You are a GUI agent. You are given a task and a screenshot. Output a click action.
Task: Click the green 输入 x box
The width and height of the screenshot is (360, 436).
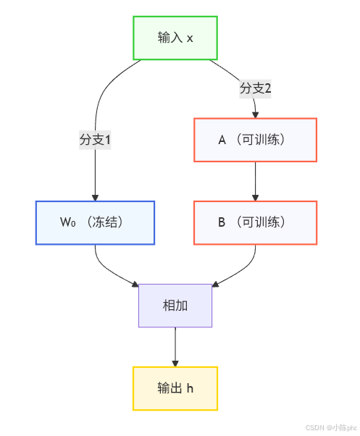pos(175,38)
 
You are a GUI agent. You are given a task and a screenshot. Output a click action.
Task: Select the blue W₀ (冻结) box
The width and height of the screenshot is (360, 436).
pos(95,222)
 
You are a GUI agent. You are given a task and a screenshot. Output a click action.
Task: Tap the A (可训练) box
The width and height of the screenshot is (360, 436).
pos(255,140)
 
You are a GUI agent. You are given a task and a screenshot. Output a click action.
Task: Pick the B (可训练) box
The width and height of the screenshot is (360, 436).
pos(255,222)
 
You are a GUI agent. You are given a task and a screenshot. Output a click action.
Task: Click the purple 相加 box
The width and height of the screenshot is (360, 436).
pos(175,306)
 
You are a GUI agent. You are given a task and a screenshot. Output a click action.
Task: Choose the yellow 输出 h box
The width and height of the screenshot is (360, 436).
pos(175,388)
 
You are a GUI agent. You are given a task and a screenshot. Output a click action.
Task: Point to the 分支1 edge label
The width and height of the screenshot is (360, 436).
pos(95,140)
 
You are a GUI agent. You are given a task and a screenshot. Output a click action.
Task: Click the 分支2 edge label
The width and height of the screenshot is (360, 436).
pos(255,88)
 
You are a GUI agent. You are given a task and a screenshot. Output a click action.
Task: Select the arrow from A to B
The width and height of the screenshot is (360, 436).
pos(255,180)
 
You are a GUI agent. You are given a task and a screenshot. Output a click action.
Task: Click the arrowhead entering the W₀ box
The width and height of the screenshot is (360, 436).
pos(95,197)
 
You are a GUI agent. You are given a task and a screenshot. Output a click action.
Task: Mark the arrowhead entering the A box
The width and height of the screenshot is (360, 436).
pos(255,114)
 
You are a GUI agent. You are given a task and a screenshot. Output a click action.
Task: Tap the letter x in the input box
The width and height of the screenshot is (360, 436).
pos(190,38)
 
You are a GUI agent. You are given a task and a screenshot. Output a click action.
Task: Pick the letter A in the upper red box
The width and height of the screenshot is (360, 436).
pos(222,140)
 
